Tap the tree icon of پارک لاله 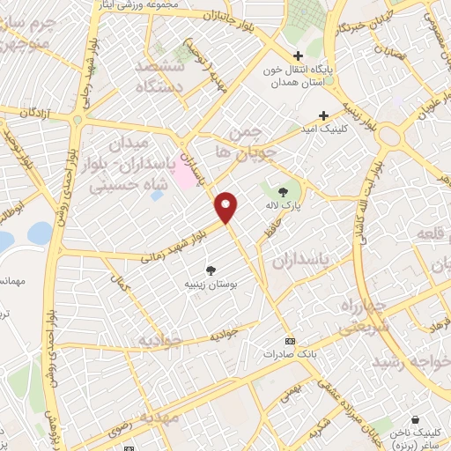coord(283,191)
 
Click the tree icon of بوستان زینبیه coord(211,270)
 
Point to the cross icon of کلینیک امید coord(324,115)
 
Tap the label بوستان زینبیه coord(211,285)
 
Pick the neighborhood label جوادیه coord(160,339)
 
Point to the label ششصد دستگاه coord(160,78)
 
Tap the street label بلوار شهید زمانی coord(174,245)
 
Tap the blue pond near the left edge coord(40,232)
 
